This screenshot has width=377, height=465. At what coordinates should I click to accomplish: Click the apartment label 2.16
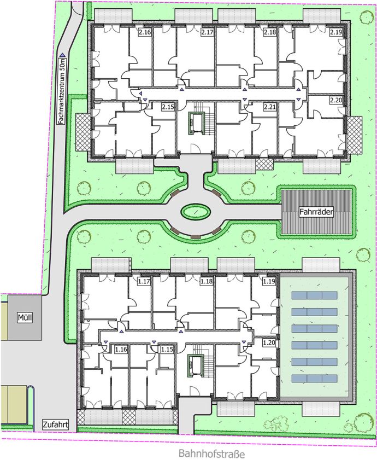coord(145,32)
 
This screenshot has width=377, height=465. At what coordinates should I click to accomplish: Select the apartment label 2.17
coord(207,32)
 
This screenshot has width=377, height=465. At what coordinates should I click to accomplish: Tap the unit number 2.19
coord(336,32)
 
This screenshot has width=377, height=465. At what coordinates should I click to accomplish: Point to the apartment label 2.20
coord(336,101)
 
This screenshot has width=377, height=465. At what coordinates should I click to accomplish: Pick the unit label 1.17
coord(144,281)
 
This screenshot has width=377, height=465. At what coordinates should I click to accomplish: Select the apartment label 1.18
coord(207,281)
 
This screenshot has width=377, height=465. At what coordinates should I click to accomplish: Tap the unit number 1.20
coord(269,343)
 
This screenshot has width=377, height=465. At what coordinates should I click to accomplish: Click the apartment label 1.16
coord(121,350)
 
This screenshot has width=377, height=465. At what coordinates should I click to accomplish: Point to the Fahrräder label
coord(316,212)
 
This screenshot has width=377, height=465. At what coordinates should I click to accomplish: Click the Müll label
coord(25,318)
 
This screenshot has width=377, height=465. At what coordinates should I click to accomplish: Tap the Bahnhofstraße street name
coord(212,454)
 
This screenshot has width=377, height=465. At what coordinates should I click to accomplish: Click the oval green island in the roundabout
coord(196,212)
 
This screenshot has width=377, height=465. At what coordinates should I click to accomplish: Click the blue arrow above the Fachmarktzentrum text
coord(62,55)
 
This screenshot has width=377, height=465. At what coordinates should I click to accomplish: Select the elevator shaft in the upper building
coord(196,124)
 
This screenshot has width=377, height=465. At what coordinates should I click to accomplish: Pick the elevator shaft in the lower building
coord(195,365)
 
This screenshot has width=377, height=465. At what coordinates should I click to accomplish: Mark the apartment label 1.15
coord(167,350)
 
